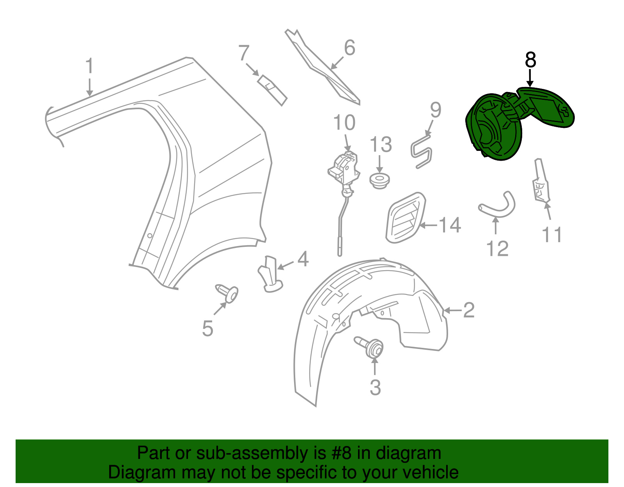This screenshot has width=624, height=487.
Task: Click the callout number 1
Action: point(90,66)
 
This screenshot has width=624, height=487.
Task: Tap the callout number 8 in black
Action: point(530,60)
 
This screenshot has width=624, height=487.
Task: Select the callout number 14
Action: point(450,225)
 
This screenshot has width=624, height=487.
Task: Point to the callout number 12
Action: point(497,249)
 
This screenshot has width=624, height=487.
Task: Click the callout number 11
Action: point(552,235)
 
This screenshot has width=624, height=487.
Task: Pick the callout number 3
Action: point(375,388)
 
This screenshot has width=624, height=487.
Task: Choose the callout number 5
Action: point(208,328)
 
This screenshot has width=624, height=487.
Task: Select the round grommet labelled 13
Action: point(379,181)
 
